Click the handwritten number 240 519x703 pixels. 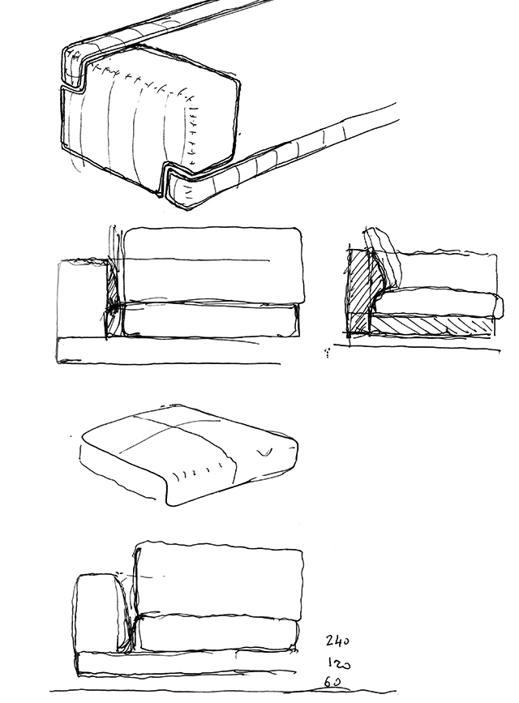click(337, 641)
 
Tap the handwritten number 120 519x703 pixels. click(339, 663)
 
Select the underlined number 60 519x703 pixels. click(332, 683)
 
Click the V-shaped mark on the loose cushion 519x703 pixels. click(265, 452)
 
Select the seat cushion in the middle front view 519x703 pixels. click(210, 319)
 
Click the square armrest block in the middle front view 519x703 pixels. click(82, 299)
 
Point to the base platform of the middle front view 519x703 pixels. click(168, 349)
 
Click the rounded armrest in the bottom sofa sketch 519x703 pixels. click(100, 612)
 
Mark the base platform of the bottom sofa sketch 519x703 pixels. click(187, 662)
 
